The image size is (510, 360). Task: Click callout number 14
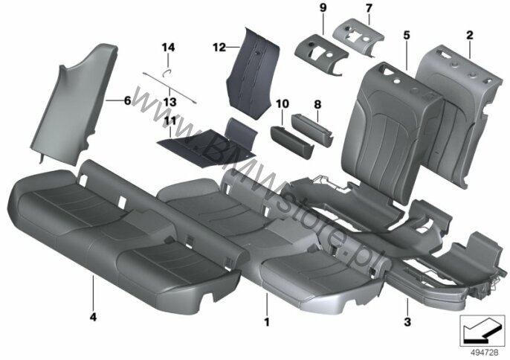(168, 48)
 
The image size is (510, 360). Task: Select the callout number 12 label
(219, 48)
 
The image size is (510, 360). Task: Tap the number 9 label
(323, 8)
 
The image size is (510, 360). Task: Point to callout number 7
(369, 8)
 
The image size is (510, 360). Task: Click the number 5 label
(407, 35)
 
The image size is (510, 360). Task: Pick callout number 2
(469, 35)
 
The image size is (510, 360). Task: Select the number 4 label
(93, 317)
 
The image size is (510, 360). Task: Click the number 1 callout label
(267, 322)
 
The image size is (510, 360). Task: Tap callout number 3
(407, 322)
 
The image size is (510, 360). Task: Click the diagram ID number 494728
(485, 353)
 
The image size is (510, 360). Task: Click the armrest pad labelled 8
(312, 129)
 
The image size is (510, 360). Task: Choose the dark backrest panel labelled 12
(253, 74)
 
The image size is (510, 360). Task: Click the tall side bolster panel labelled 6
(77, 104)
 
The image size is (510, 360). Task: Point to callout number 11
(170, 121)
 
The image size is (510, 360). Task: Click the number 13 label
(170, 102)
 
